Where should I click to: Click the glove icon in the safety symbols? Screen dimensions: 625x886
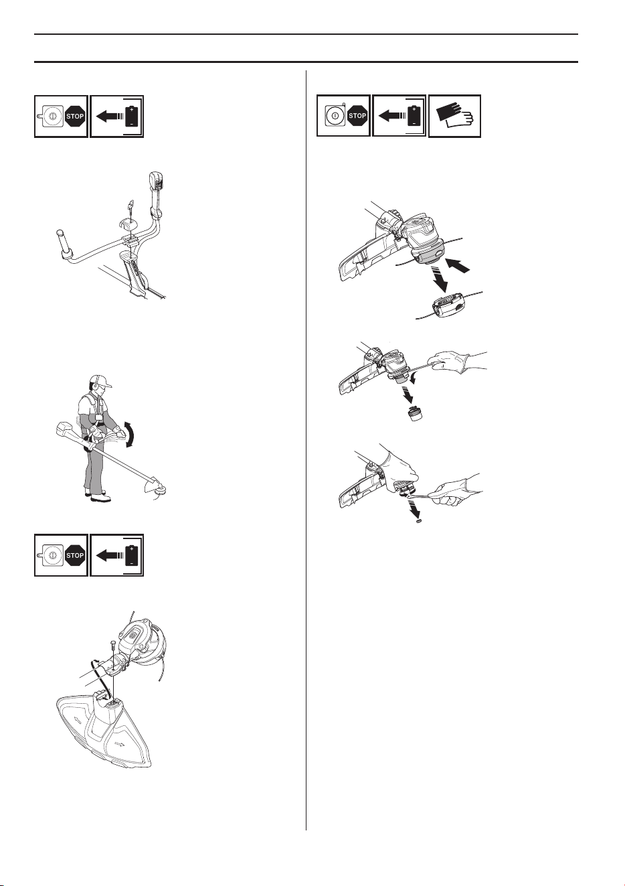click(x=454, y=116)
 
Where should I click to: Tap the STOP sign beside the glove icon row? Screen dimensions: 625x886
click(x=357, y=116)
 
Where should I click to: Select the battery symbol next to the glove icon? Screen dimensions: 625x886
click(x=414, y=116)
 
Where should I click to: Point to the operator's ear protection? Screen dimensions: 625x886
click(x=95, y=384)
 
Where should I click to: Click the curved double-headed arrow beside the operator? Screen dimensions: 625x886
click(x=128, y=435)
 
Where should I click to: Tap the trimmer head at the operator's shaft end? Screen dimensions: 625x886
click(x=161, y=489)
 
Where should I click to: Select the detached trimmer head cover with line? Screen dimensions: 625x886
click(x=449, y=305)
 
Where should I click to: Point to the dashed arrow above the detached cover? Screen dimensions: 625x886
click(x=438, y=277)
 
